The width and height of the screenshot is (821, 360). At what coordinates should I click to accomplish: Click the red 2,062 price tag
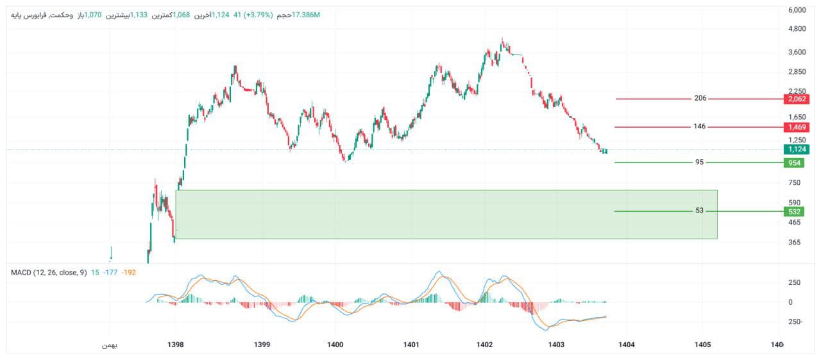tap(796, 99)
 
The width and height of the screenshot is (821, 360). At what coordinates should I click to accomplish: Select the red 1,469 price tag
tap(796, 127)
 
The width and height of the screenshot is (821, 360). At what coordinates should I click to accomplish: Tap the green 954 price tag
tap(793, 163)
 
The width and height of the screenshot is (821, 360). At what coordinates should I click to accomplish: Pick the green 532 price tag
tap(793, 211)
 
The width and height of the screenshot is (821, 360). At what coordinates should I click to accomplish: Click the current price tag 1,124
tap(796, 150)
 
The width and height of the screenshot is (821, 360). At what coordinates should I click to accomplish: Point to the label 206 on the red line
tap(700, 99)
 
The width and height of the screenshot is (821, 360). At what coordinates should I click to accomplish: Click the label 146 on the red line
tap(699, 127)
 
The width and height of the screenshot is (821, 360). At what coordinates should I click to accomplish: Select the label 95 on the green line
tap(699, 162)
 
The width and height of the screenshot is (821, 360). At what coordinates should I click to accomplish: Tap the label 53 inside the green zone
tap(699, 211)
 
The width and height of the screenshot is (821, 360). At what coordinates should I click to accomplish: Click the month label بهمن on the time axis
tap(110, 345)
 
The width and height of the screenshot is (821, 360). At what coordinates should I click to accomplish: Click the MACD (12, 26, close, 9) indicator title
tap(49, 273)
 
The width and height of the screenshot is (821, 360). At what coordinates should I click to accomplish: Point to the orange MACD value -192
tap(129, 273)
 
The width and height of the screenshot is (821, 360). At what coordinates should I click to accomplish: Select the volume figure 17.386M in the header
tap(306, 15)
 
